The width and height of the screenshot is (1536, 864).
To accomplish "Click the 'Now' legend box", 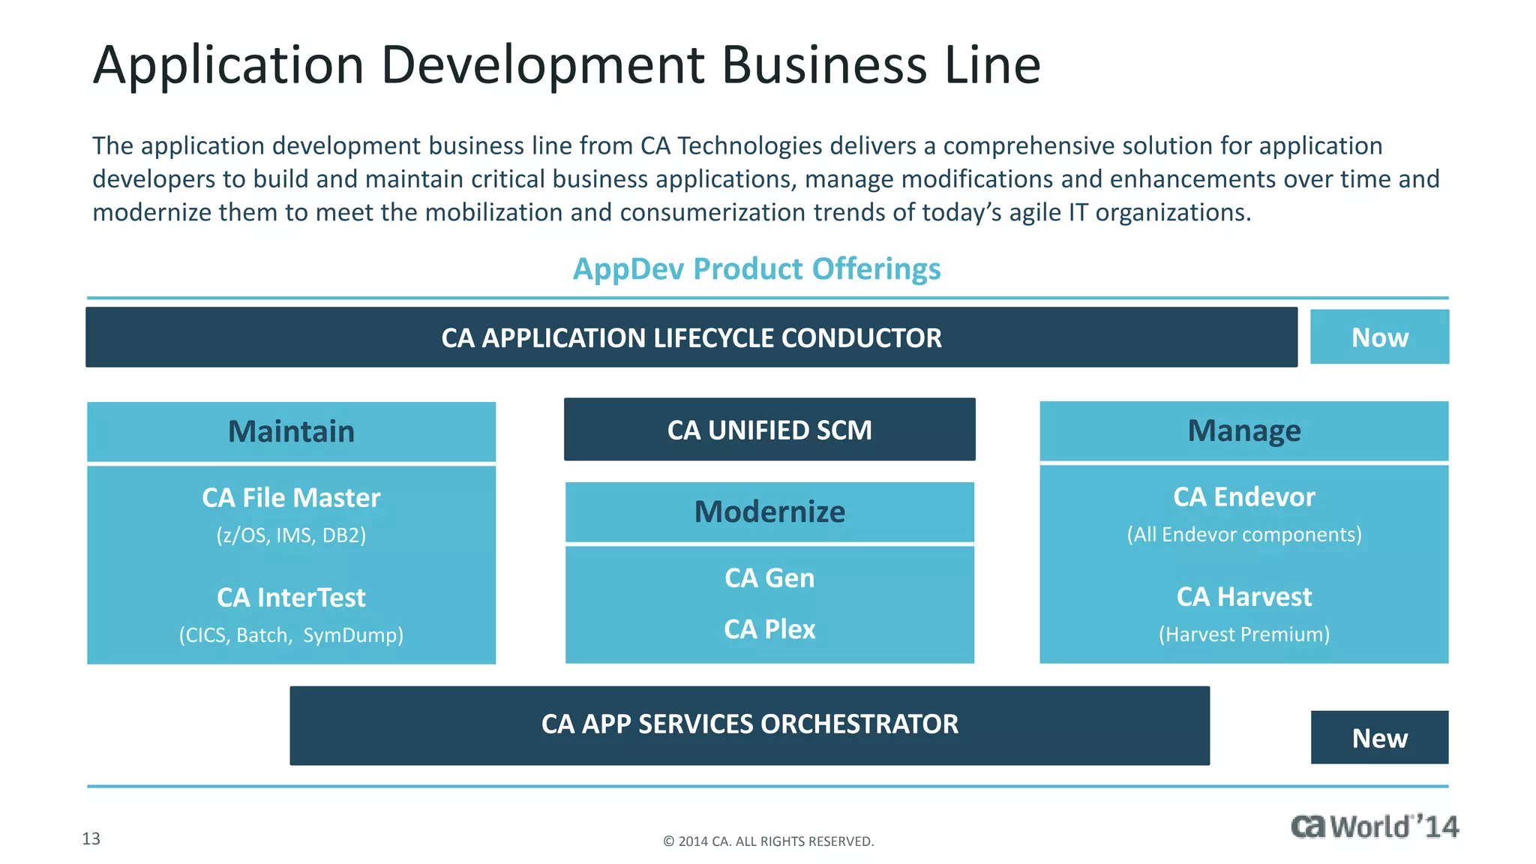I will [x=1379, y=337].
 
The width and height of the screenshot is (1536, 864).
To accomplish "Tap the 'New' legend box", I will [x=1379, y=738].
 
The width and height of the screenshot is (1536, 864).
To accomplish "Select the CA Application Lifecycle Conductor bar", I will [x=691, y=337].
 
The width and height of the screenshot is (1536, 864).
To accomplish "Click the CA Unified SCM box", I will [x=769, y=430].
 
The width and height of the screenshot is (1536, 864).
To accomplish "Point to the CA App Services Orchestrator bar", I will [x=749, y=724].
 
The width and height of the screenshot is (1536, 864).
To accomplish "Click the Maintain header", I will [x=291, y=432].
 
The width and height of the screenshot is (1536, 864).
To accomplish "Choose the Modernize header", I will [x=769, y=512].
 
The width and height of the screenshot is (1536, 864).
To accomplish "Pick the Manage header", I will [x=1243, y=431].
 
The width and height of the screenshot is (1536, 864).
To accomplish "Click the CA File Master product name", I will [x=291, y=498].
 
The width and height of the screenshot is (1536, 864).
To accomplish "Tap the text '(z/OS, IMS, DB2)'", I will [x=291, y=535].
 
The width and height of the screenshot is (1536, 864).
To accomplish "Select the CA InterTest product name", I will [x=291, y=598].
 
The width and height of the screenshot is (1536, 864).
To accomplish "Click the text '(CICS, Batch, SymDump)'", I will [x=291, y=635].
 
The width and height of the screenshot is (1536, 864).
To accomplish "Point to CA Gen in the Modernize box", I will [x=769, y=578].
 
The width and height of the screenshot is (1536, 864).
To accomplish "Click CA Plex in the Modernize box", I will [x=769, y=629].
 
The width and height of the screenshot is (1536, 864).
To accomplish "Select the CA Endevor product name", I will [x=1243, y=497].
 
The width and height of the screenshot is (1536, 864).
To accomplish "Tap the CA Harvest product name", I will [x=1243, y=597].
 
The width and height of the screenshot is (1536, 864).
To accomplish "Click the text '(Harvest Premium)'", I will [x=1243, y=634].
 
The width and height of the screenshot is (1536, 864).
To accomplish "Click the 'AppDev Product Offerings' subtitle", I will [x=757, y=269].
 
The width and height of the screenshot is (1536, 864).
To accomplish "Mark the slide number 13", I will [x=91, y=838].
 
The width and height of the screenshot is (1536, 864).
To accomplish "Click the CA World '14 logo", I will [x=1374, y=826].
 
